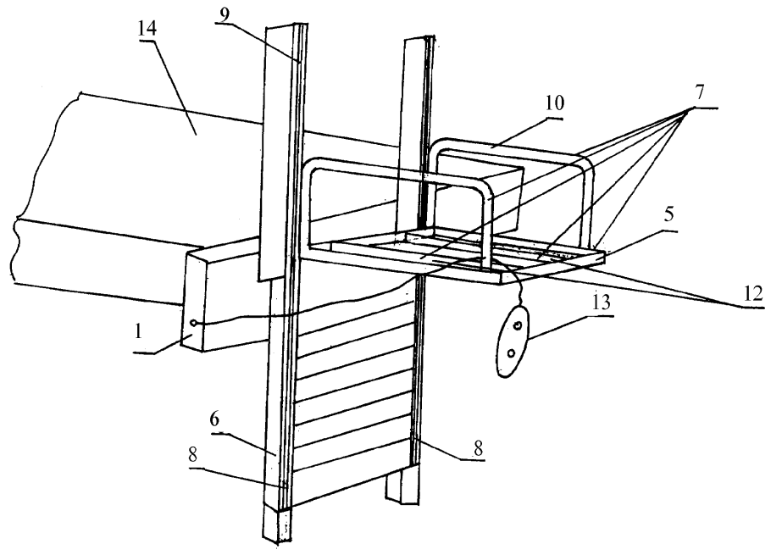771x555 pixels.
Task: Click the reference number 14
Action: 147,27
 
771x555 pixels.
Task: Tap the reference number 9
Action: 225,14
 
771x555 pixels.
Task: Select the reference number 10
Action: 555,103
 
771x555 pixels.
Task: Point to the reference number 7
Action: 699,92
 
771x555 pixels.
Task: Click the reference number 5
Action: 669,215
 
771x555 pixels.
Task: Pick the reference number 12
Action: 753,292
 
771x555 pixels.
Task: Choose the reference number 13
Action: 601,301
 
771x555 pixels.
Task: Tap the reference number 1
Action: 139,332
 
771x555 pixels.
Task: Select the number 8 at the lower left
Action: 193,455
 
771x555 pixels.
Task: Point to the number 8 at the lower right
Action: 478,448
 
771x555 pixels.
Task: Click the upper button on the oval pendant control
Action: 518,326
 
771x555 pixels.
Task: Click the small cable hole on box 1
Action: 194,323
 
